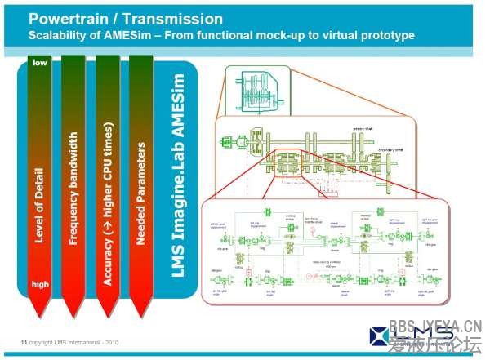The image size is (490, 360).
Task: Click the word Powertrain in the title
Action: (68, 18)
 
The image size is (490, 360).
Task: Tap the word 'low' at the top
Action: (40, 62)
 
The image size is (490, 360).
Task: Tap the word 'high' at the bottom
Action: (40, 284)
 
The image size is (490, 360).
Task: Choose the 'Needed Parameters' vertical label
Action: (141, 193)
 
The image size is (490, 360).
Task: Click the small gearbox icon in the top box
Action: (257, 91)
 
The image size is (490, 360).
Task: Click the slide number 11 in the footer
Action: (24, 340)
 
